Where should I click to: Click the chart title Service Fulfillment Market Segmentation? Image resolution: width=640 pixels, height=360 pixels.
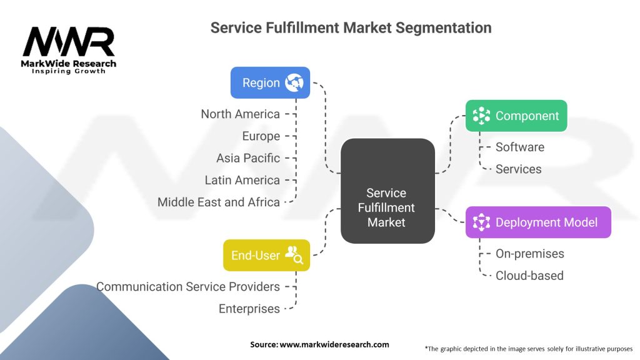point(351,27)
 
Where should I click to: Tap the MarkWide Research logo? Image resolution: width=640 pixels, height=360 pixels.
point(69,50)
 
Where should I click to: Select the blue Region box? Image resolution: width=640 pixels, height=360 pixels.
point(270,82)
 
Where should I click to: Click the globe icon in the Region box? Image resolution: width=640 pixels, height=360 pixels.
point(294,82)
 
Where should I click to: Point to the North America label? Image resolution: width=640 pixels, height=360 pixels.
point(240,114)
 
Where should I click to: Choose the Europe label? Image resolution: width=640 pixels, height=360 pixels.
point(261,136)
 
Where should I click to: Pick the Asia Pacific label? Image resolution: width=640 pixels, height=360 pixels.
point(248,158)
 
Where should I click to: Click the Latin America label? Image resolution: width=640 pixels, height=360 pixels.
point(242,180)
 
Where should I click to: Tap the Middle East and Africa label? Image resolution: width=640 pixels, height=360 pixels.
point(219,202)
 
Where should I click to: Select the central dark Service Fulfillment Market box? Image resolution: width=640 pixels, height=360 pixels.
point(387,191)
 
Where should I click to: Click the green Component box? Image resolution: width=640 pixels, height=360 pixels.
point(516,116)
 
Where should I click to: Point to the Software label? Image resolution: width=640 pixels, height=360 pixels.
point(520,147)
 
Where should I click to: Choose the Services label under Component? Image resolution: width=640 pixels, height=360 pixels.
point(519,169)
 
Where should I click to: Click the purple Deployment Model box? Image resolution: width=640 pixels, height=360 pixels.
point(538,222)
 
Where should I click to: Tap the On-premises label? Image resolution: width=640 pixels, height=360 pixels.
point(530,253)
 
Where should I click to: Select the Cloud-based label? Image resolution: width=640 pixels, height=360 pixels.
point(529,275)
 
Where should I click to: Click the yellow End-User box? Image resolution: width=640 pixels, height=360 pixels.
point(266,255)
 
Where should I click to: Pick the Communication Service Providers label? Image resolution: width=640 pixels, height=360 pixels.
point(188,286)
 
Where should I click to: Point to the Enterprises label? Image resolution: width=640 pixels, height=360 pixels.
point(249,308)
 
